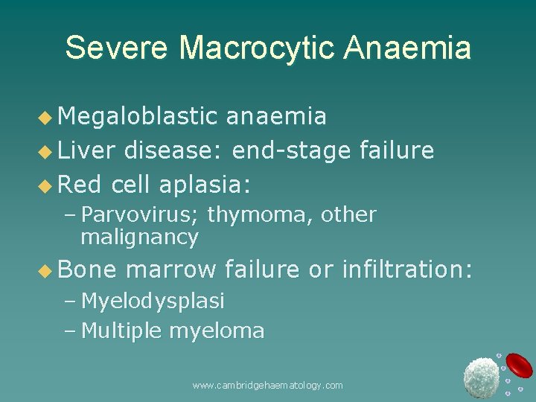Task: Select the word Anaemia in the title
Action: coord(407,48)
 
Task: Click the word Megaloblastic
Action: coord(138,116)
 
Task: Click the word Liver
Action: coord(86,151)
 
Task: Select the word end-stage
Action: coord(291,151)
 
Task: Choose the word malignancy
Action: coord(139,237)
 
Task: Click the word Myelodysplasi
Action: coord(153,301)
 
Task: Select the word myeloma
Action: coord(217,331)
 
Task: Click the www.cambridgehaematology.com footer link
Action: coord(268,386)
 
